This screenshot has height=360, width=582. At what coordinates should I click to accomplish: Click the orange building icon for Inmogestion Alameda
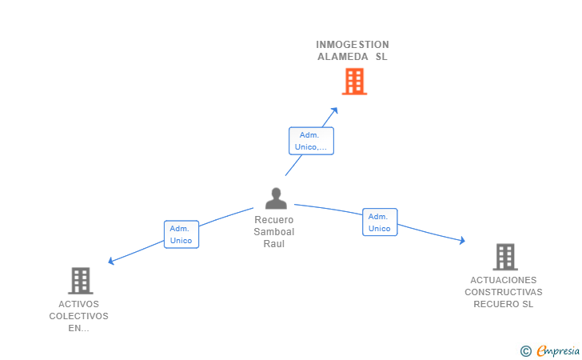pyautogui.click(x=354, y=82)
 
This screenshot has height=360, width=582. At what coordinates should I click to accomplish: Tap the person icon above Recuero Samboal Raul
pyautogui.click(x=275, y=198)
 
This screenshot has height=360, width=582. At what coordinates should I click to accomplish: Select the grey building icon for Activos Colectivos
pyautogui.click(x=80, y=281)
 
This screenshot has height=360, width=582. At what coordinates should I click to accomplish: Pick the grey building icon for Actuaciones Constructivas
pyautogui.click(x=504, y=257)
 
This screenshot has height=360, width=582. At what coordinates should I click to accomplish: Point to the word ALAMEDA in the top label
pyautogui.click(x=342, y=57)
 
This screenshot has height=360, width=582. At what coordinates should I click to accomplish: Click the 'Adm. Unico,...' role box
pyautogui.click(x=311, y=141)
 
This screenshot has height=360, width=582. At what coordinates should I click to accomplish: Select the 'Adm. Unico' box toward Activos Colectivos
pyautogui.click(x=181, y=234)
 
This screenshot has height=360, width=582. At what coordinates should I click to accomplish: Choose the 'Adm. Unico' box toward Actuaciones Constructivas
pyautogui.click(x=380, y=222)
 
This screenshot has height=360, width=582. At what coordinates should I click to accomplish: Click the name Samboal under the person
pyautogui.click(x=274, y=232)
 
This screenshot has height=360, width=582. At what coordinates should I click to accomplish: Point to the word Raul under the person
pyautogui.click(x=274, y=244)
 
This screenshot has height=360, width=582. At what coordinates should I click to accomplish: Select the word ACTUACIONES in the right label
pyautogui.click(x=504, y=280)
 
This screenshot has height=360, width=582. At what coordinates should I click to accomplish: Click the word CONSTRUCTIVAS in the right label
pyautogui.click(x=504, y=292)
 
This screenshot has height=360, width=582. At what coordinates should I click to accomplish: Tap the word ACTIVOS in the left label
pyautogui.click(x=78, y=304)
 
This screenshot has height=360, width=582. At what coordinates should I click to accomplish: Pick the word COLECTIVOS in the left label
pyautogui.click(x=78, y=316)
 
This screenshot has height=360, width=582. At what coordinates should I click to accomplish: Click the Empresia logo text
pyautogui.click(x=558, y=350)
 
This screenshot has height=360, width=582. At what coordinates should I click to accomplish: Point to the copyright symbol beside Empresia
pyautogui.click(x=526, y=351)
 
